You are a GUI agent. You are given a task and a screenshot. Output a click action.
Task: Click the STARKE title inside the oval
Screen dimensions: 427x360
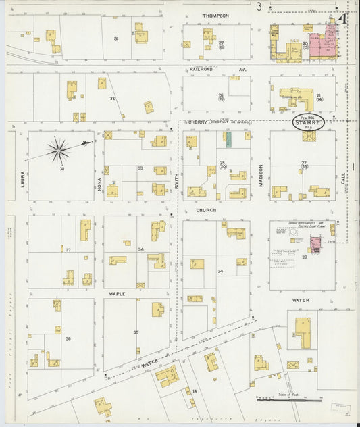308,123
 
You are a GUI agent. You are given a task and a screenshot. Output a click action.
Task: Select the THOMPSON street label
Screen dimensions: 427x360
216,15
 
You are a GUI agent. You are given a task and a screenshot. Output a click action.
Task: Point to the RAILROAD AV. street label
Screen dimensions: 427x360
216,69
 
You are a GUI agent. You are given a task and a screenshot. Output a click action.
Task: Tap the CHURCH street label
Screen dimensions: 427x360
206,210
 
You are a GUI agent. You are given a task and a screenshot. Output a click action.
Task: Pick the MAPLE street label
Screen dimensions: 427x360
116,294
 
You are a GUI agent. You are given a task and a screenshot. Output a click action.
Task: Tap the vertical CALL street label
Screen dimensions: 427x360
343,178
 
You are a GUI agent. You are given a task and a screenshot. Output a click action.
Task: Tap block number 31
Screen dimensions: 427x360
115,39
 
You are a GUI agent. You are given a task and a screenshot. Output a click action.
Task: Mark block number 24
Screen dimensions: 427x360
220,271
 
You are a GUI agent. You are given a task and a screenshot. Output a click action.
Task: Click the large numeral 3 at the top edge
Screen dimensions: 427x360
259,7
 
